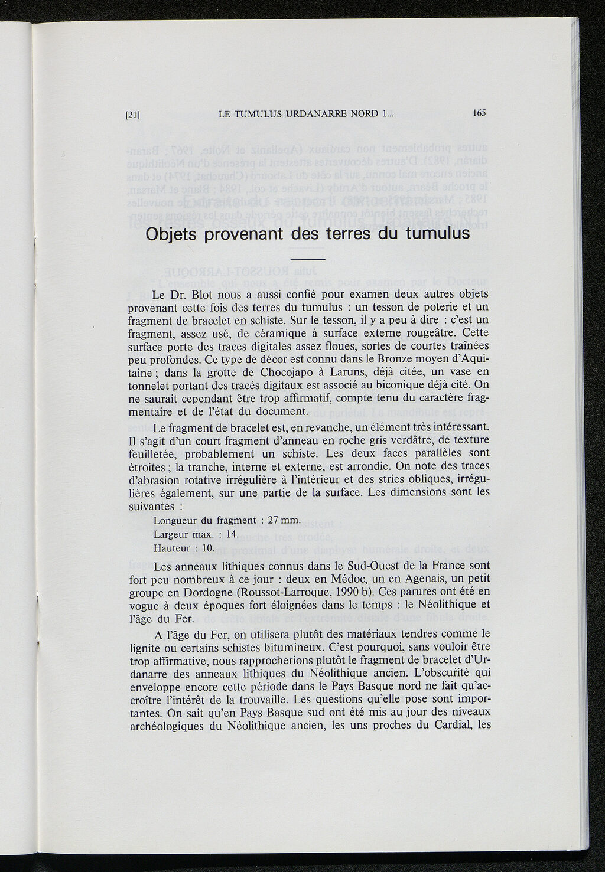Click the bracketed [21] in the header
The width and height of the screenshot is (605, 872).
click(133, 115)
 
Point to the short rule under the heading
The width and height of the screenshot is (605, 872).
click(308, 260)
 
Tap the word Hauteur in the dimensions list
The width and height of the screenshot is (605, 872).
click(171, 548)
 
